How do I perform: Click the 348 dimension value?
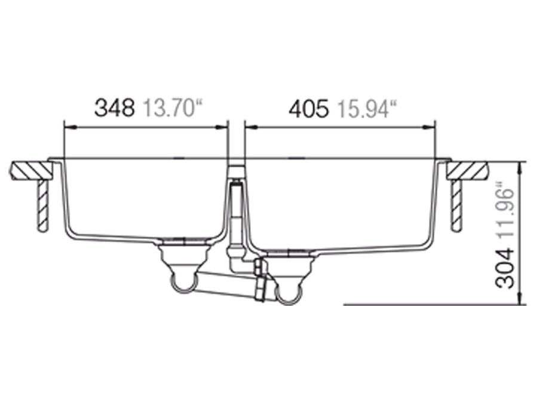115,108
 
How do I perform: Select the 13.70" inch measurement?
171,108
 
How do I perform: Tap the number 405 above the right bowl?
308,108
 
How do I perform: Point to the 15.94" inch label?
366,108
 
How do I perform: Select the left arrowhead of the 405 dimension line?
249,127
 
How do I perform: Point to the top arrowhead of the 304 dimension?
522,165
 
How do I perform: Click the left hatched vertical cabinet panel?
42,205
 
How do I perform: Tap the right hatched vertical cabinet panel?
457,205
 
